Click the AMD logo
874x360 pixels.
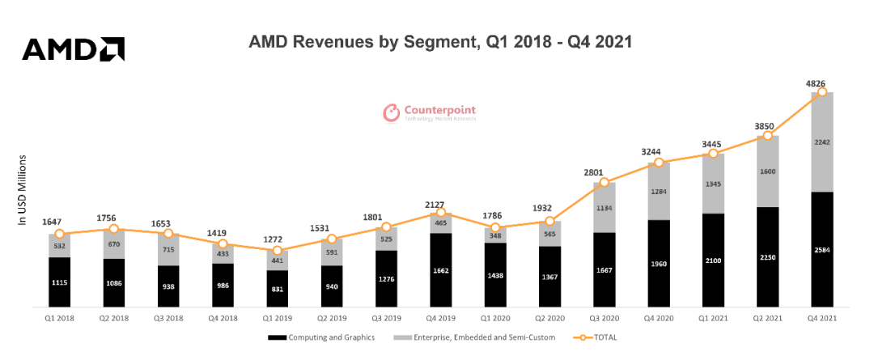click(73, 49)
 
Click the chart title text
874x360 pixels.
click(440, 41)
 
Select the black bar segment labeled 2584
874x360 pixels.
click(822, 249)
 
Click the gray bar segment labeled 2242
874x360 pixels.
click(822, 142)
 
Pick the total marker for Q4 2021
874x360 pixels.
click(822, 92)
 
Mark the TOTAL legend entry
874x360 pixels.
click(592, 337)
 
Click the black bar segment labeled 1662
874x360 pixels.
click(441, 270)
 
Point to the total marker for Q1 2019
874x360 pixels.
click(278, 252)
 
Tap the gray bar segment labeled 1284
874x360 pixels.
click(659, 191)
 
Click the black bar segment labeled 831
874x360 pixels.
click(278, 289)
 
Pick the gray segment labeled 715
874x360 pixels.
click(168, 250)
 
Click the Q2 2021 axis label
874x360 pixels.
click(768, 319)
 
